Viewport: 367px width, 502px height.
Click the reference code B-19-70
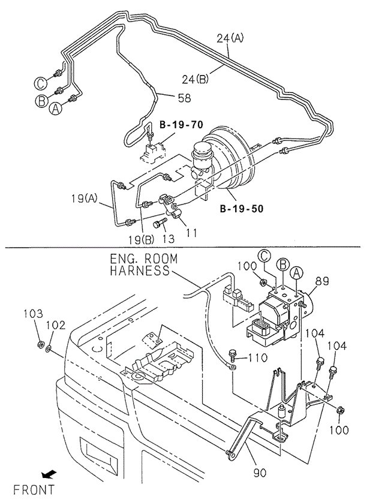[x=181, y=125]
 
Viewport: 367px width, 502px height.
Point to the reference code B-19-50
[x=240, y=210]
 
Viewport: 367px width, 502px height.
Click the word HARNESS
[x=140, y=270]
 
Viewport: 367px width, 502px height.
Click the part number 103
[x=34, y=314]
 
